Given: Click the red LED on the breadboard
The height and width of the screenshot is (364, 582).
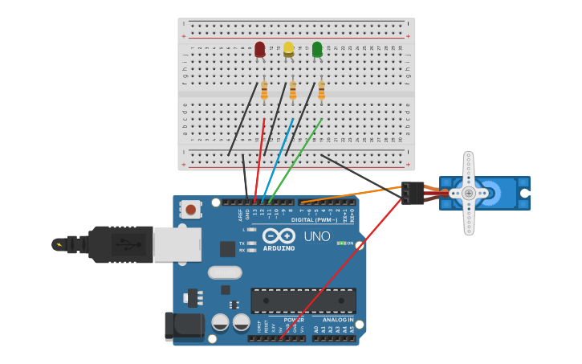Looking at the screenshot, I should (259, 50).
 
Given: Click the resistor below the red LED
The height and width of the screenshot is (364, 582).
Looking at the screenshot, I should (264, 91).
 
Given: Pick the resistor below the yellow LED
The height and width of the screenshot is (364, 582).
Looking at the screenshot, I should (293, 90).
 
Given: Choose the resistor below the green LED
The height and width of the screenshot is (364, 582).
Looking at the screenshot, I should (321, 91).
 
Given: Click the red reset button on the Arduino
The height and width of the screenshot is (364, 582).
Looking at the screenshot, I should (190, 210).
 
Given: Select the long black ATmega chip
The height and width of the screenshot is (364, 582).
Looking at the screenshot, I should (303, 301).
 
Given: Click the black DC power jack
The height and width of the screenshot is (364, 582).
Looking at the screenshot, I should (183, 325).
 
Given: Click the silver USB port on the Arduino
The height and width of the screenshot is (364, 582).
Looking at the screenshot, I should (177, 244).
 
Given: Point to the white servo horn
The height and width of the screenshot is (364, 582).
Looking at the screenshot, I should (470, 193).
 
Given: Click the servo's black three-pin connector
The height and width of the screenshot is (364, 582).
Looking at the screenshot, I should (413, 193).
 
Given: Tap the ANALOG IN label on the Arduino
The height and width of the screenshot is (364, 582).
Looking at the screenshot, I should (333, 320).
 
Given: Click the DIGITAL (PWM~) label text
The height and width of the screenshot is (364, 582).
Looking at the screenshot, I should (314, 219).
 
